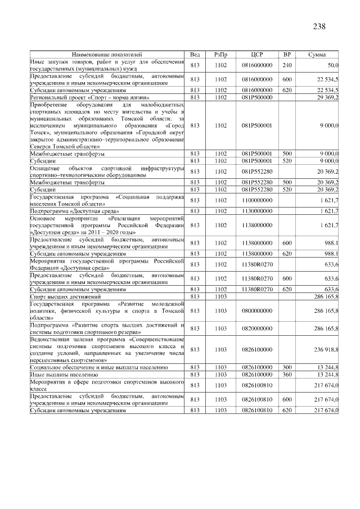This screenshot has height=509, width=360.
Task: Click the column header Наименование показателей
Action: click(107, 55)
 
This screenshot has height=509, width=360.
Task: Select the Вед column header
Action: click(195, 55)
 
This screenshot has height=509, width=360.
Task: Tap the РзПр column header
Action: click(220, 55)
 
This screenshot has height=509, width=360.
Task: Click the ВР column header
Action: click(287, 55)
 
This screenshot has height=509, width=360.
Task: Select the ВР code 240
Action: click(287, 65)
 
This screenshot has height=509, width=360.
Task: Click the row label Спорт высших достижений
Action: click(65, 296)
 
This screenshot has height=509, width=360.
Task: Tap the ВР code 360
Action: click(287, 373)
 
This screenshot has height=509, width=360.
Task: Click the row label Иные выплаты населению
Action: click(62, 373)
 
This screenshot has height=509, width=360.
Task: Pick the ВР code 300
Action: click(287, 367)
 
